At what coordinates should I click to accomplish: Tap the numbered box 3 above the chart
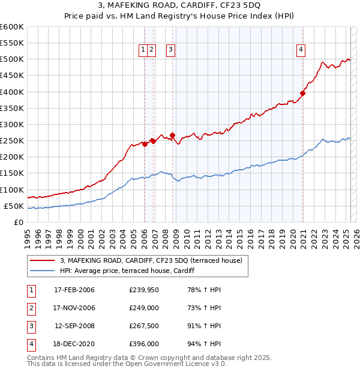tap(171, 50)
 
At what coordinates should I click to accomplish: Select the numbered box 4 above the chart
tap(301, 50)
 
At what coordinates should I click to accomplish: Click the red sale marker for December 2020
tap(303, 94)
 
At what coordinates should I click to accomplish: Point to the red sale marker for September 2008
tap(172, 135)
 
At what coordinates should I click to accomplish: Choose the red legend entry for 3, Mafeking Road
tap(151, 260)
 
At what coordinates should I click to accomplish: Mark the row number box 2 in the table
tap(31, 308)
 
